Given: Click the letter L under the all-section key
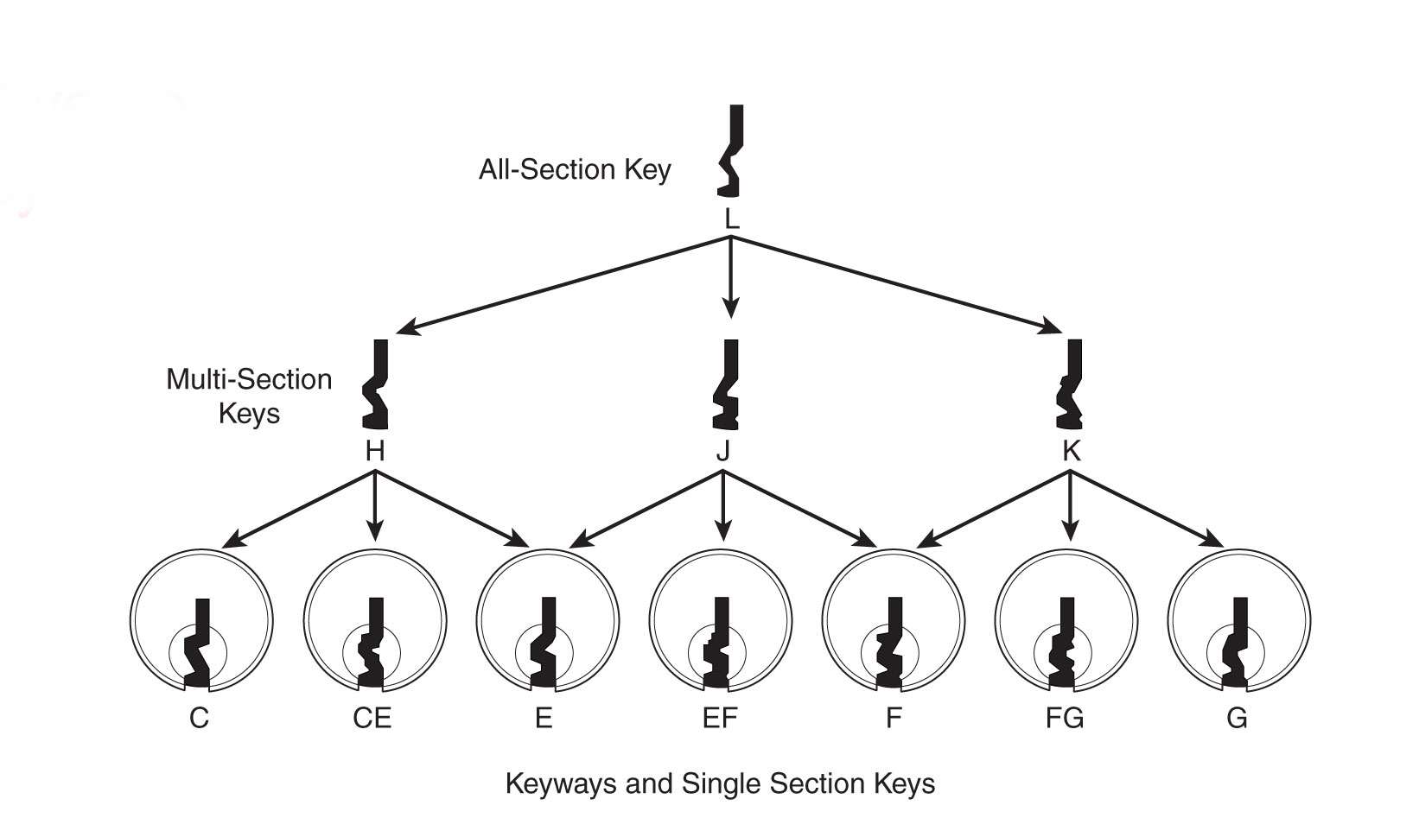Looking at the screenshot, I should [x=732, y=220].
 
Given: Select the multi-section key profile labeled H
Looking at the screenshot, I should [x=376, y=385].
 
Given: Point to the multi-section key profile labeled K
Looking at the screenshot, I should [x=1070, y=385].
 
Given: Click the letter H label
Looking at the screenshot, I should [x=375, y=451].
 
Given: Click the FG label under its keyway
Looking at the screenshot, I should [x=1065, y=719].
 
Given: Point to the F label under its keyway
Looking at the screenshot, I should [x=894, y=719].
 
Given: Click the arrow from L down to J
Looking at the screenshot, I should [x=731, y=276].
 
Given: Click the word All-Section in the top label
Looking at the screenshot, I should [x=536, y=169].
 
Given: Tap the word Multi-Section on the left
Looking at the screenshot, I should [x=249, y=380].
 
